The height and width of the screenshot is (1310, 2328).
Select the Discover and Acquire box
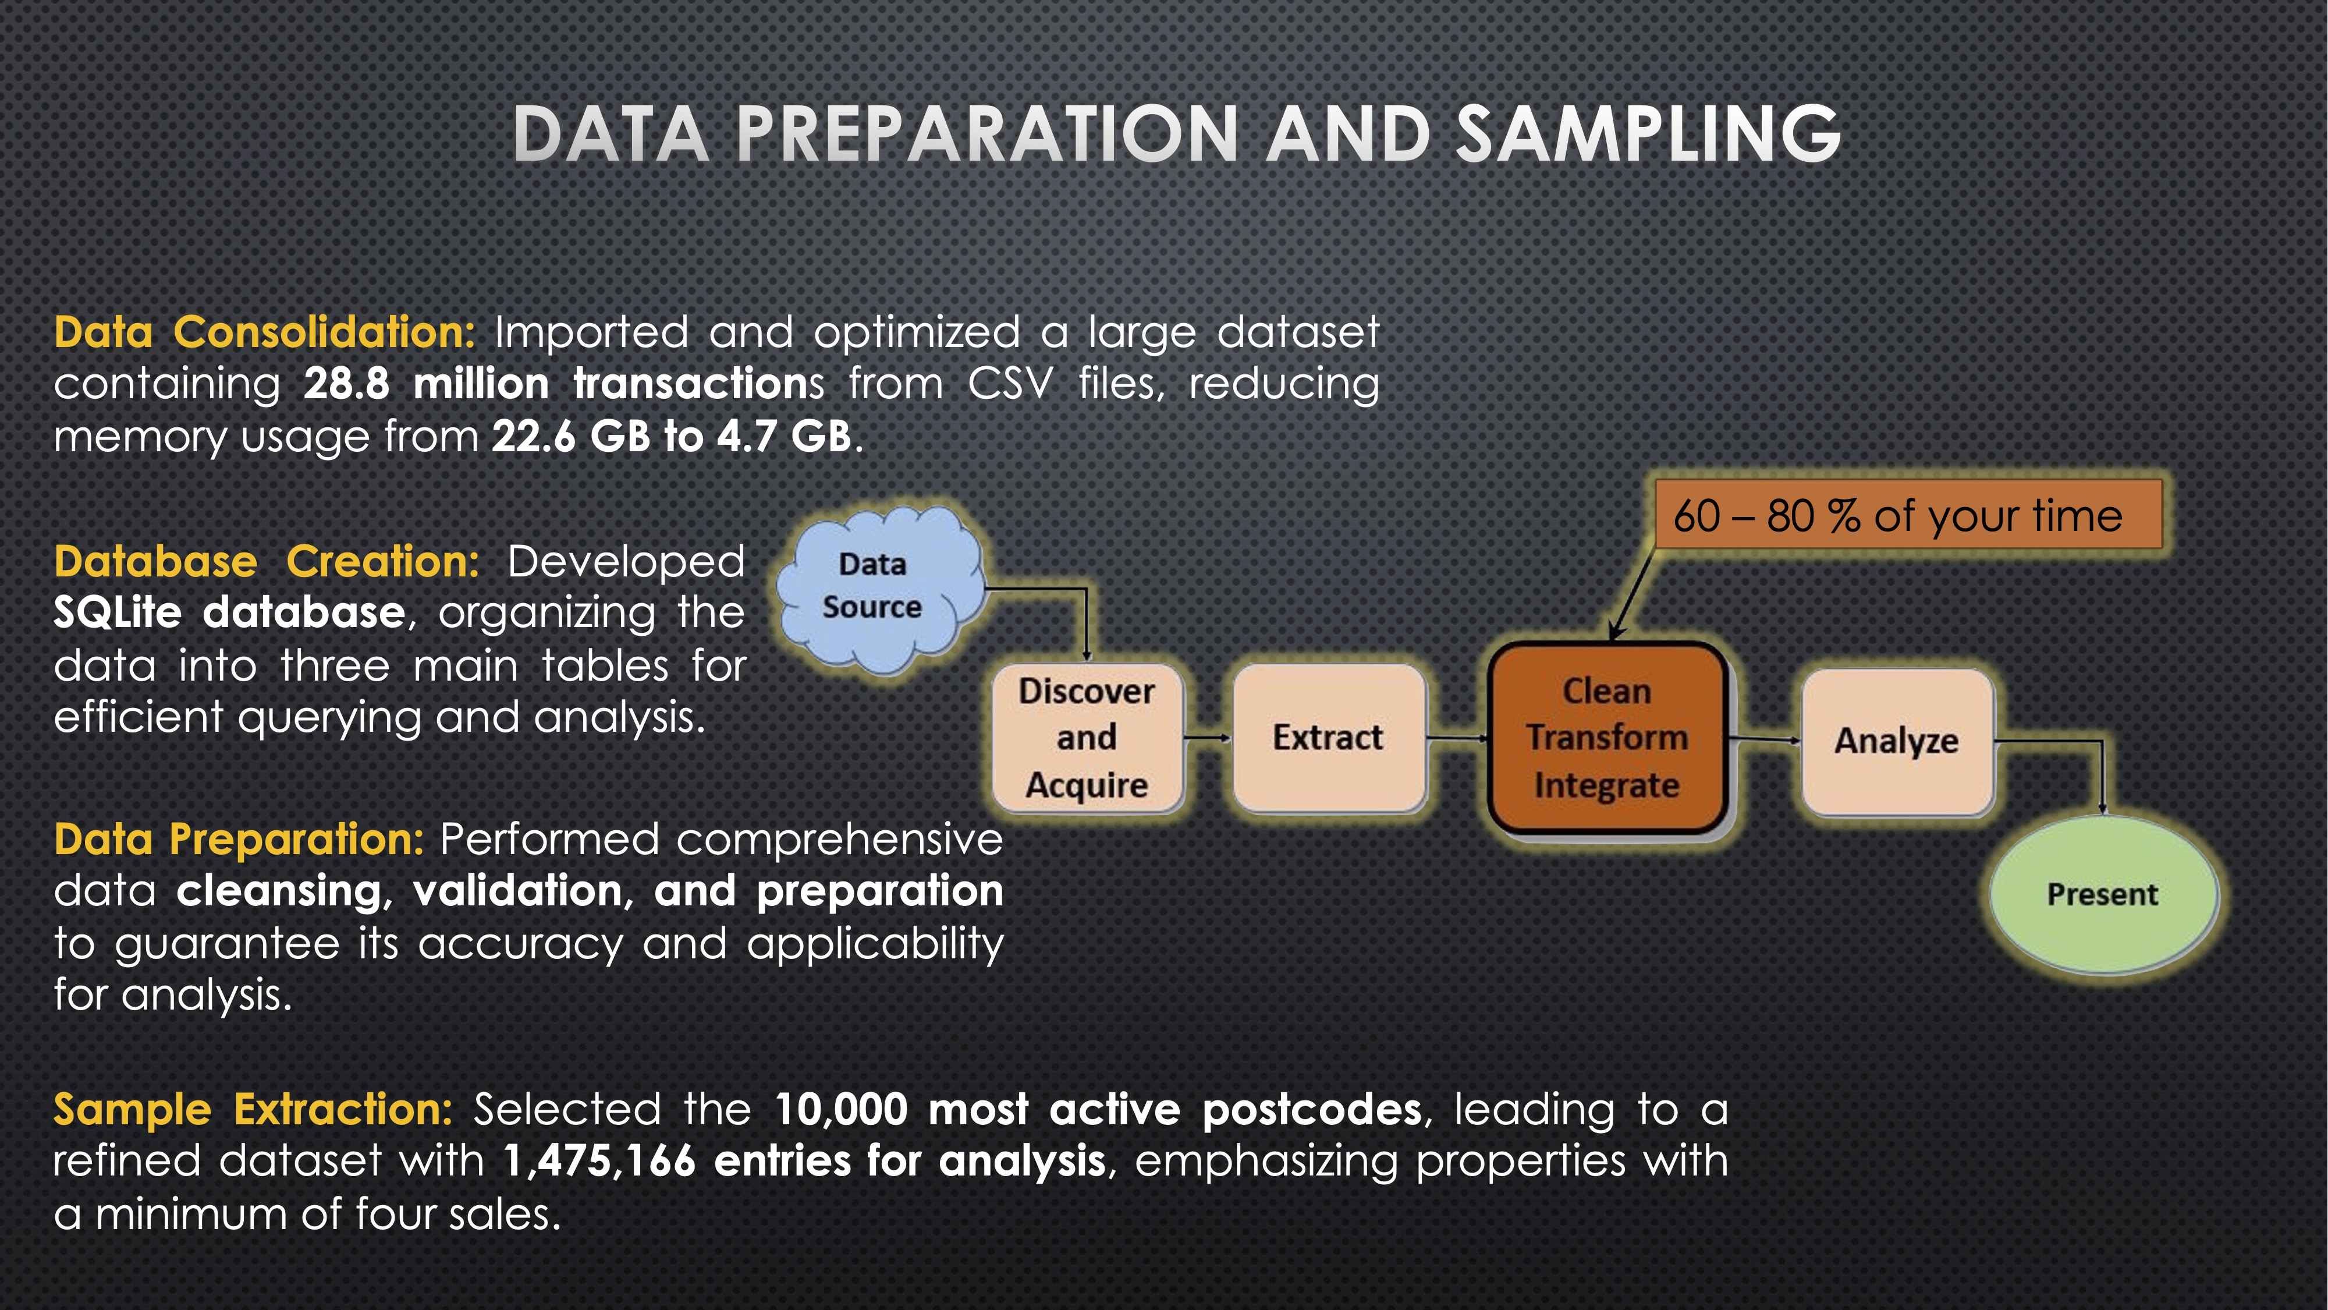(1087, 738)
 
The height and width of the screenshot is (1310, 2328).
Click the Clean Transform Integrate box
(1607, 738)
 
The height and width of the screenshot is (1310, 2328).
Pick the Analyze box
(1897, 741)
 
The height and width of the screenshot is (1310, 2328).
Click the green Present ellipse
(2103, 894)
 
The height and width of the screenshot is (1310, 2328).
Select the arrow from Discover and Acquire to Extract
(1208, 738)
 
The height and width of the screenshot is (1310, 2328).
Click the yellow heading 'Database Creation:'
(267, 561)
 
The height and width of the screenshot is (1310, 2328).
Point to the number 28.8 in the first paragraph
(347, 384)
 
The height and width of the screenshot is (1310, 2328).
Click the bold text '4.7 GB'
(785, 437)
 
